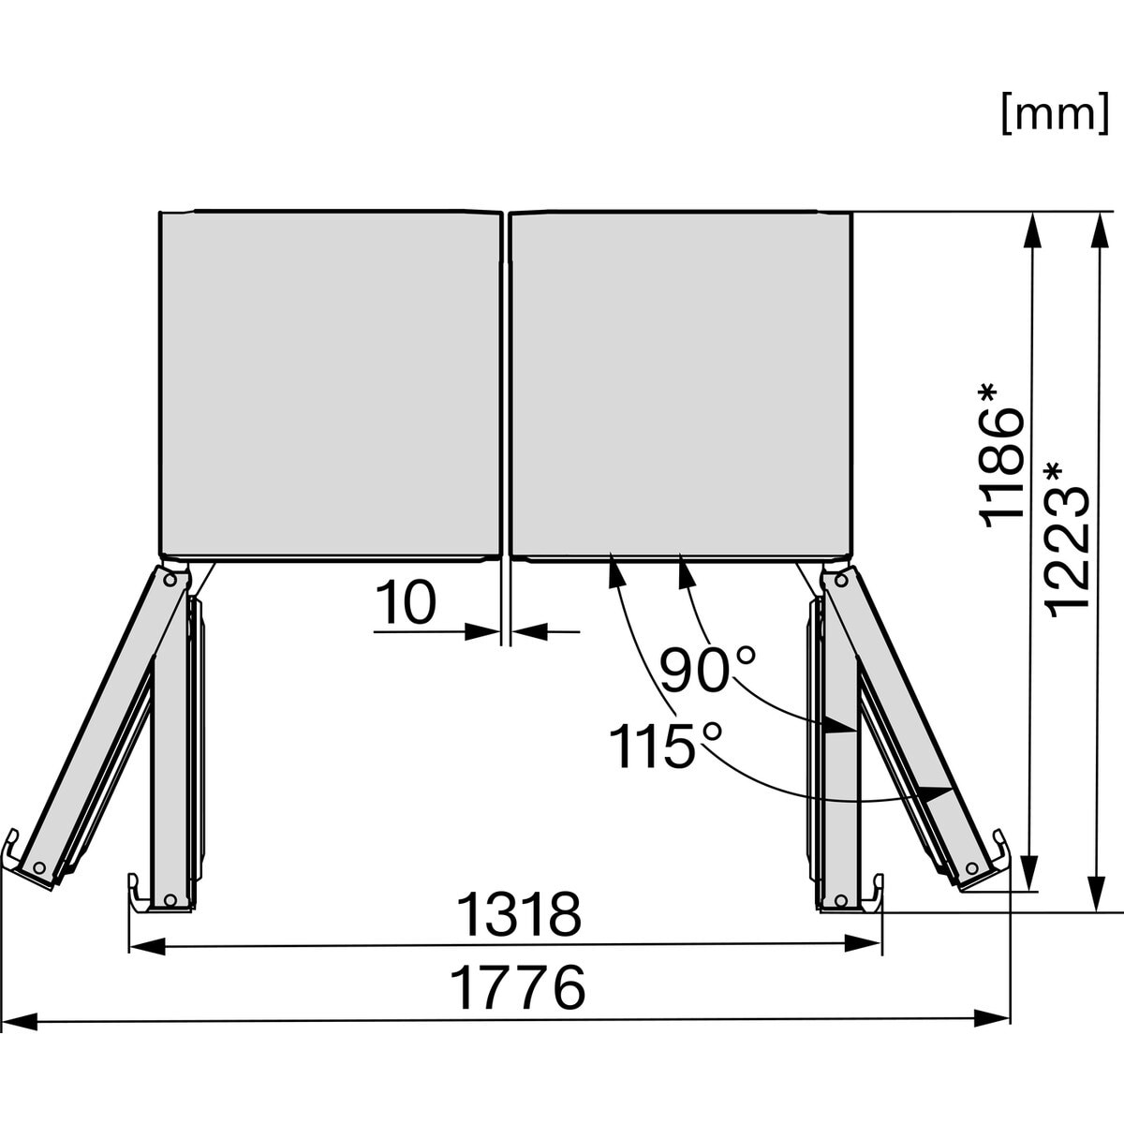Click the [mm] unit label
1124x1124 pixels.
(x=1055, y=113)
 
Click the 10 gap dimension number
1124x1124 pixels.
(x=406, y=602)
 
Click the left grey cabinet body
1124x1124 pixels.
(x=331, y=385)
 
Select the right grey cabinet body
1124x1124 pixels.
(x=681, y=385)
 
